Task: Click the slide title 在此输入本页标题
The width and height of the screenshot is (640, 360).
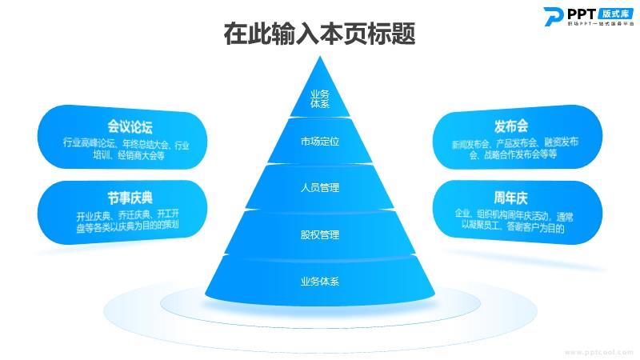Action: coord(319,34)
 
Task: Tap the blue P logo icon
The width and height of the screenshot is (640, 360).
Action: coord(553,17)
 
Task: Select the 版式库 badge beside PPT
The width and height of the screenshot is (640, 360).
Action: coord(616,14)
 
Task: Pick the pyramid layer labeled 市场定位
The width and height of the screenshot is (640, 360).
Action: coord(320,142)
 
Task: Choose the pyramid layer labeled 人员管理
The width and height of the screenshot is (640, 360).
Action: coord(320,187)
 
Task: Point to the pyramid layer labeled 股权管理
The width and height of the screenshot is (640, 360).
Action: coord(320,234)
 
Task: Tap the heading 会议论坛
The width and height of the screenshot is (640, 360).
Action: coord(130,126)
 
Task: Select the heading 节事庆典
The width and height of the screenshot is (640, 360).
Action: coord(130,198)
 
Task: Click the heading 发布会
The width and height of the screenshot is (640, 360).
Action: coord(511,126)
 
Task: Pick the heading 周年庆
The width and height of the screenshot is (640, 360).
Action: coord(510,198)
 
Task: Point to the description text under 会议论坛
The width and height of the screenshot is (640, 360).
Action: coord(126,150)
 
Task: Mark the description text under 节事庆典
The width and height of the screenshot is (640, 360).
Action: coord(128,221)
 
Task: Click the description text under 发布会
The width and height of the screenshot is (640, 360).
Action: coord(514,149)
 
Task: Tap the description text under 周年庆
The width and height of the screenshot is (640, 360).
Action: coord(514,222)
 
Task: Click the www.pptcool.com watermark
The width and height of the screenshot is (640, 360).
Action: coord(598,352)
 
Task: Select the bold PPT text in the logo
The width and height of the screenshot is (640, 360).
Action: coord(582,14)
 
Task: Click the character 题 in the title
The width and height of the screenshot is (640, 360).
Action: coord(404,34)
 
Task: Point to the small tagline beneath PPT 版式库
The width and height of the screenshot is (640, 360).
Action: coord(601,24)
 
